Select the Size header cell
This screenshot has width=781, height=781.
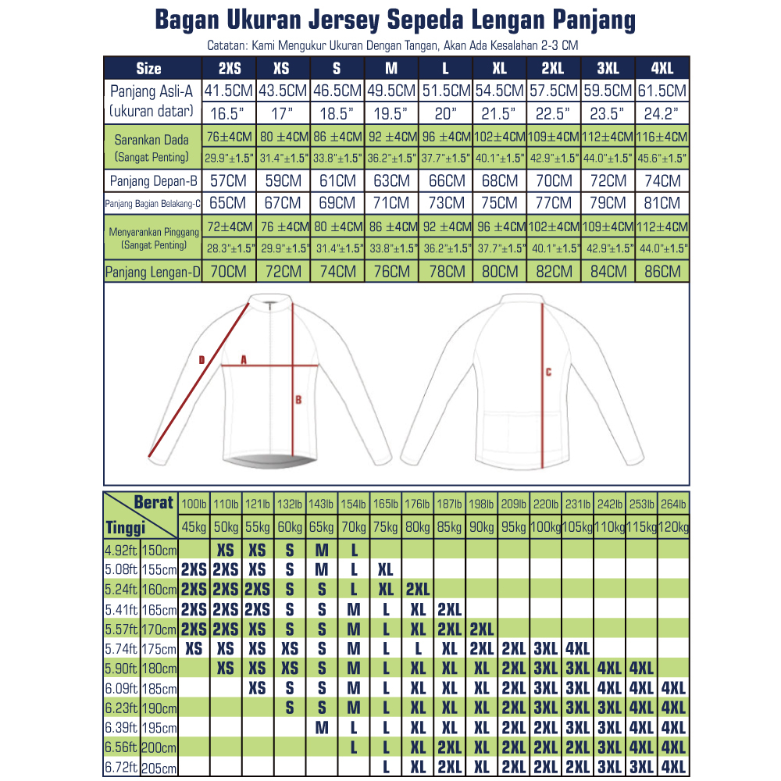click(x=148, y=67)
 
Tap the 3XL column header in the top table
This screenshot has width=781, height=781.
click(x=608, y=67)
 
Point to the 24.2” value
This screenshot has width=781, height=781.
click(x=663, y=114)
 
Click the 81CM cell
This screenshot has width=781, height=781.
click(x=663, y=203)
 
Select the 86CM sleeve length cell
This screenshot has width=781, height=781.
click(x=663, y=272)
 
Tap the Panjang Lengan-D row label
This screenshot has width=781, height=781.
click(x=153, y=272)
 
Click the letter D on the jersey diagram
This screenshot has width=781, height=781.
click(x=201, y=360)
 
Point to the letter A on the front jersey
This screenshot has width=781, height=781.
click(x=244, y=360)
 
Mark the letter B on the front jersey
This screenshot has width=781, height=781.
click(x=298, y=401)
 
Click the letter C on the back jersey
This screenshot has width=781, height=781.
click(x=548, y=372)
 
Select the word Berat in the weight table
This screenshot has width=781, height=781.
click(x=153, y=502)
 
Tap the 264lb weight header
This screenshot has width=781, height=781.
click(x=673, y=505)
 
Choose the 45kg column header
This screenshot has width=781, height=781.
click(x=194, y=528)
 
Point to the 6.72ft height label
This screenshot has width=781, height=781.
click(x=120, y=767)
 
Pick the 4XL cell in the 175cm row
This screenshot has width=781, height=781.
click(x=577, y=648)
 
